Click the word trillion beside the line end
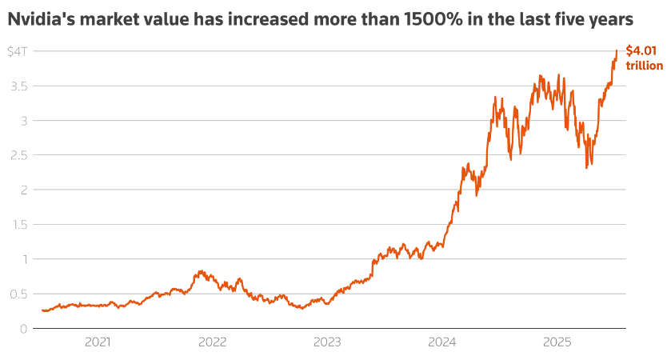644,66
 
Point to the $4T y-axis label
17,52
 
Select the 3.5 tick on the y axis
16,86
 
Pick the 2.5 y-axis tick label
16,155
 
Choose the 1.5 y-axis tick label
16,225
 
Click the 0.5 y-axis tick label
16,294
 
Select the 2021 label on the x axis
98,342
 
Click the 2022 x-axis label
212,342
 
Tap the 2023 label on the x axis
327,342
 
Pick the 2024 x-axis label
441,342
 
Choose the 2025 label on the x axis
556,342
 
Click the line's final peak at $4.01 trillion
617,50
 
